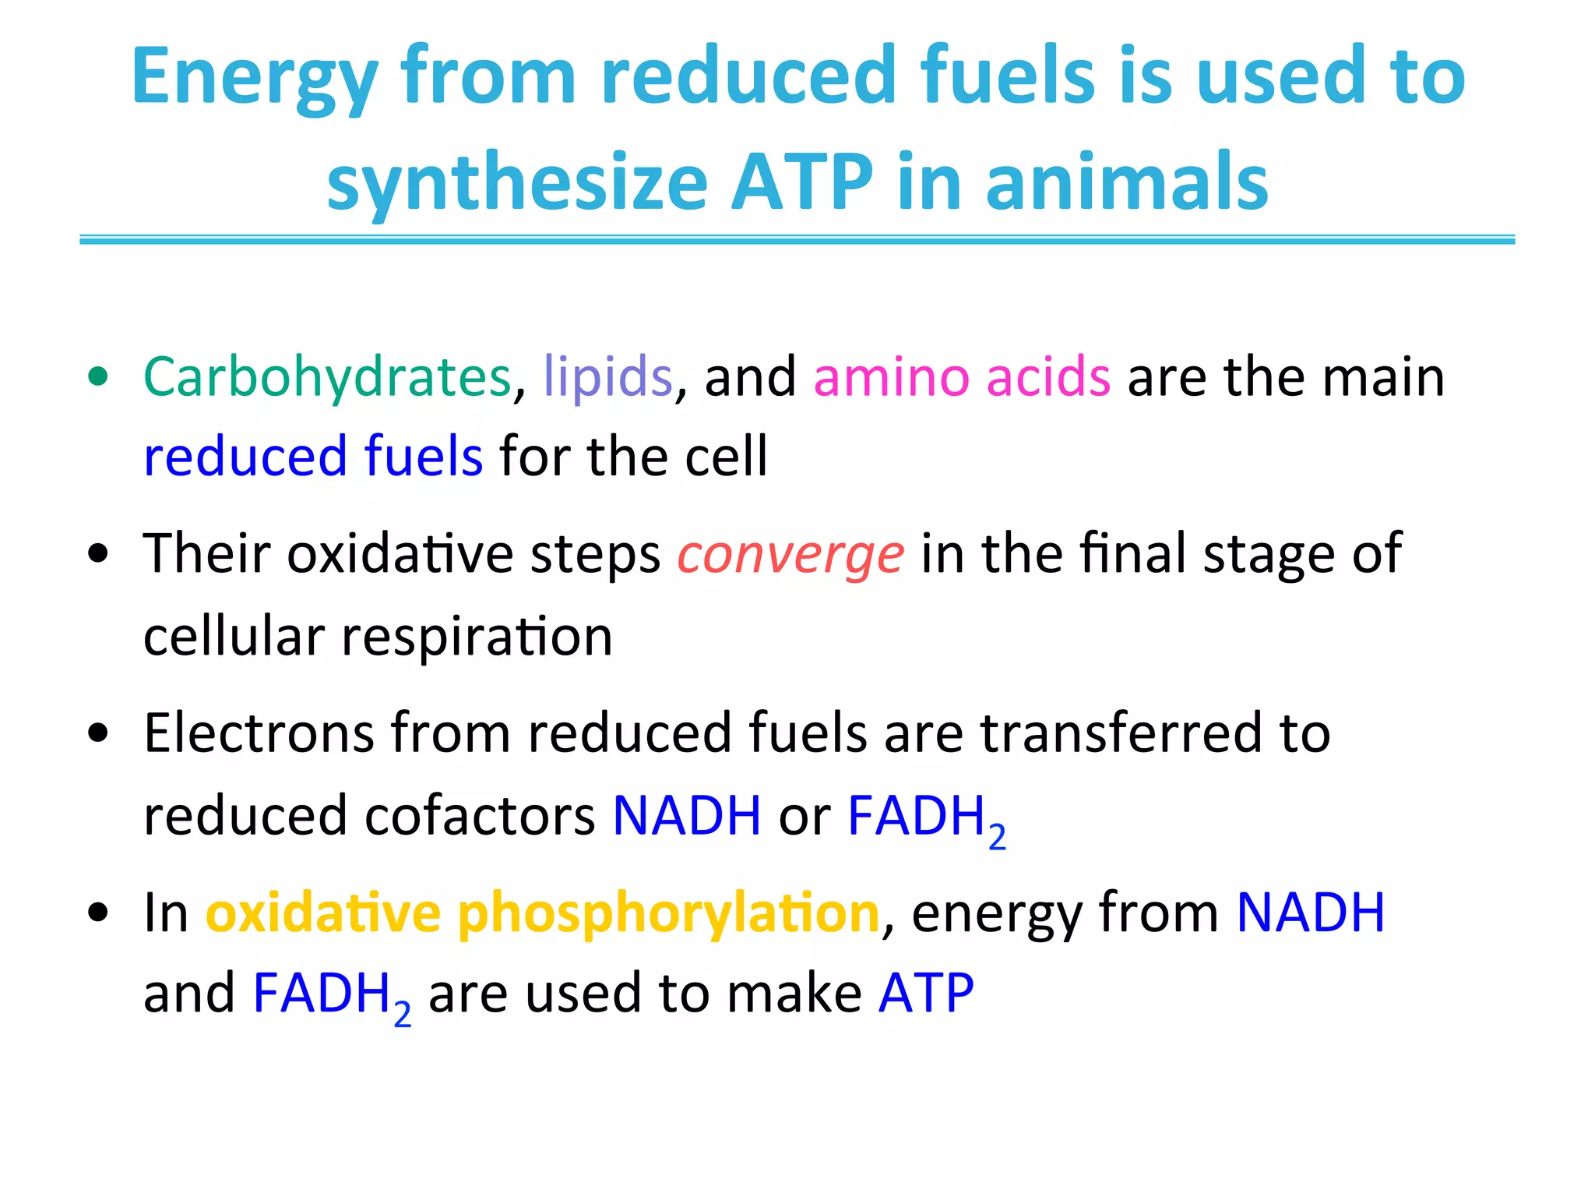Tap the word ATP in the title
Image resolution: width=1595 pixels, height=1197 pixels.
802,183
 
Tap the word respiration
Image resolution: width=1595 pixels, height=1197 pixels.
477,637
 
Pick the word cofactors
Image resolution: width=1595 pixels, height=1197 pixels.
480,817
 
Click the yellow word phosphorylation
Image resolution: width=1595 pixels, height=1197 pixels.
668,913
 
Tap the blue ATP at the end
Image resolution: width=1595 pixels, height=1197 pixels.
926,994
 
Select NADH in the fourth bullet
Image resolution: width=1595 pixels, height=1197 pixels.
1311,913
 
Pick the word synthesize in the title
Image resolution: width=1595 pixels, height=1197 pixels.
517,183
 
